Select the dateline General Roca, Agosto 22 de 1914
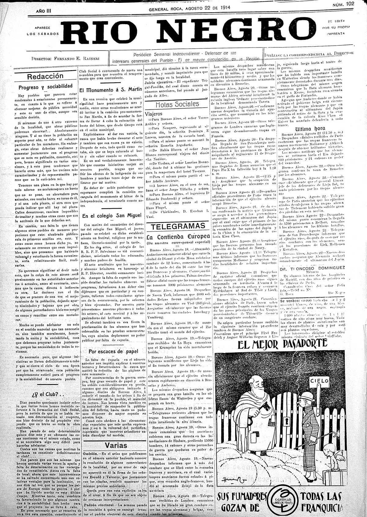click(x=189, y=8)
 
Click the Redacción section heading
click(x=45, y=76)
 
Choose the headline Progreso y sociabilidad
click(x=45, y=87)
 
